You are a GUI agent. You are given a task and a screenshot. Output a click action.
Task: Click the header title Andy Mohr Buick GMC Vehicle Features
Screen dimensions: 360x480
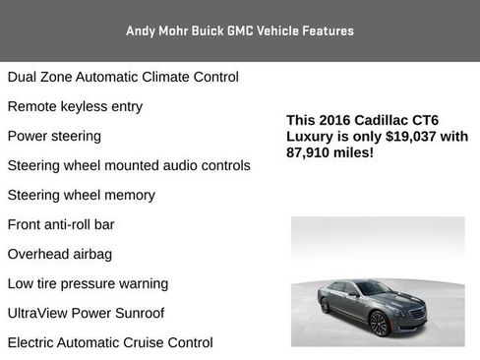pyautogui.click(x=239, y=30)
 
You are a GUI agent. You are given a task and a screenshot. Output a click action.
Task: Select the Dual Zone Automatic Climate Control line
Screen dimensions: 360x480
pyautogui.click(x=123, y=77)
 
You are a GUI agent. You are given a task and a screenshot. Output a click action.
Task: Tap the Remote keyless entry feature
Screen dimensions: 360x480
pyautogui.click(x=75, y=106)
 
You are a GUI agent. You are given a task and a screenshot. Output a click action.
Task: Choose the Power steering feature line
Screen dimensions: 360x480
pyautogui.click(x=54, y=136)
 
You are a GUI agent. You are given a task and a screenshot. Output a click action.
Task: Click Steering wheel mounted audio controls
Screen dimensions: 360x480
pyautogui.click(x=129, y=165)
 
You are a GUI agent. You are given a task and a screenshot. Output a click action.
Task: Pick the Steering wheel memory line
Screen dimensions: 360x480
pyautogui.click(x=81, y=195)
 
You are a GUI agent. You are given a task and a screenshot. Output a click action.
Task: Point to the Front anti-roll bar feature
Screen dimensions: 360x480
pyautogui.click(x=61, y=224)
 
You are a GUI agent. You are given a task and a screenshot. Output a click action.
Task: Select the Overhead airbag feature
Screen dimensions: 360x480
pyautogui.click(x=59, y=254)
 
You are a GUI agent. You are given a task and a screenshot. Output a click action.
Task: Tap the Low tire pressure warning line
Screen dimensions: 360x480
pyautogui.click(x=88, y=283)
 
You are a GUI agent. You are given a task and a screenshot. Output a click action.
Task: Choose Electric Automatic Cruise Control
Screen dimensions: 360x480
pyautogui.click(x=110, y=342)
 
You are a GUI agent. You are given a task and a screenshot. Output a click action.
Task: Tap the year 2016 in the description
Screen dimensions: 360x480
pyautogui.click(x=335, y=121)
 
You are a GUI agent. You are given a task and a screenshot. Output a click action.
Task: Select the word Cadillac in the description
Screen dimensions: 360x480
pyautogui.click(x=385, y=121)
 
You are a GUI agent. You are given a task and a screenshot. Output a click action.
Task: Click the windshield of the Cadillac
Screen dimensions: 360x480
pyautogui.click(x=375, y=288)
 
